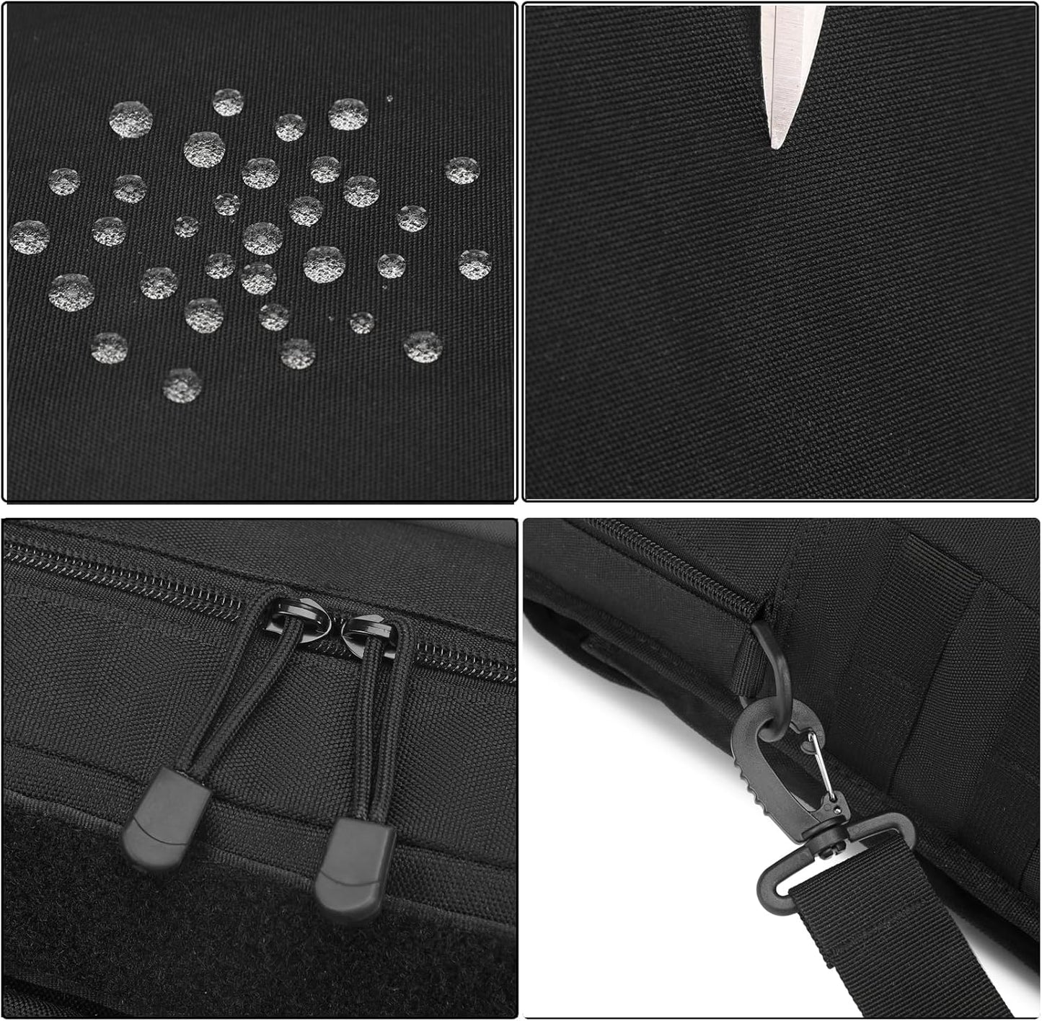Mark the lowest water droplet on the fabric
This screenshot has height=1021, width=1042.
pyautogui.click(x=182, y=385)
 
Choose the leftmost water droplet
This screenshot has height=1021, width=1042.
pyautogui.click(x=29, y=237)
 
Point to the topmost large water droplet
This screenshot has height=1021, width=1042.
pyautogui.click(x=228, y=102)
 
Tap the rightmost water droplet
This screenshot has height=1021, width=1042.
pyautogui.click(x=475, y=264)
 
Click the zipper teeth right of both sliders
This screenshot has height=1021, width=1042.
pyautogui.click(x=462, y=656)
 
